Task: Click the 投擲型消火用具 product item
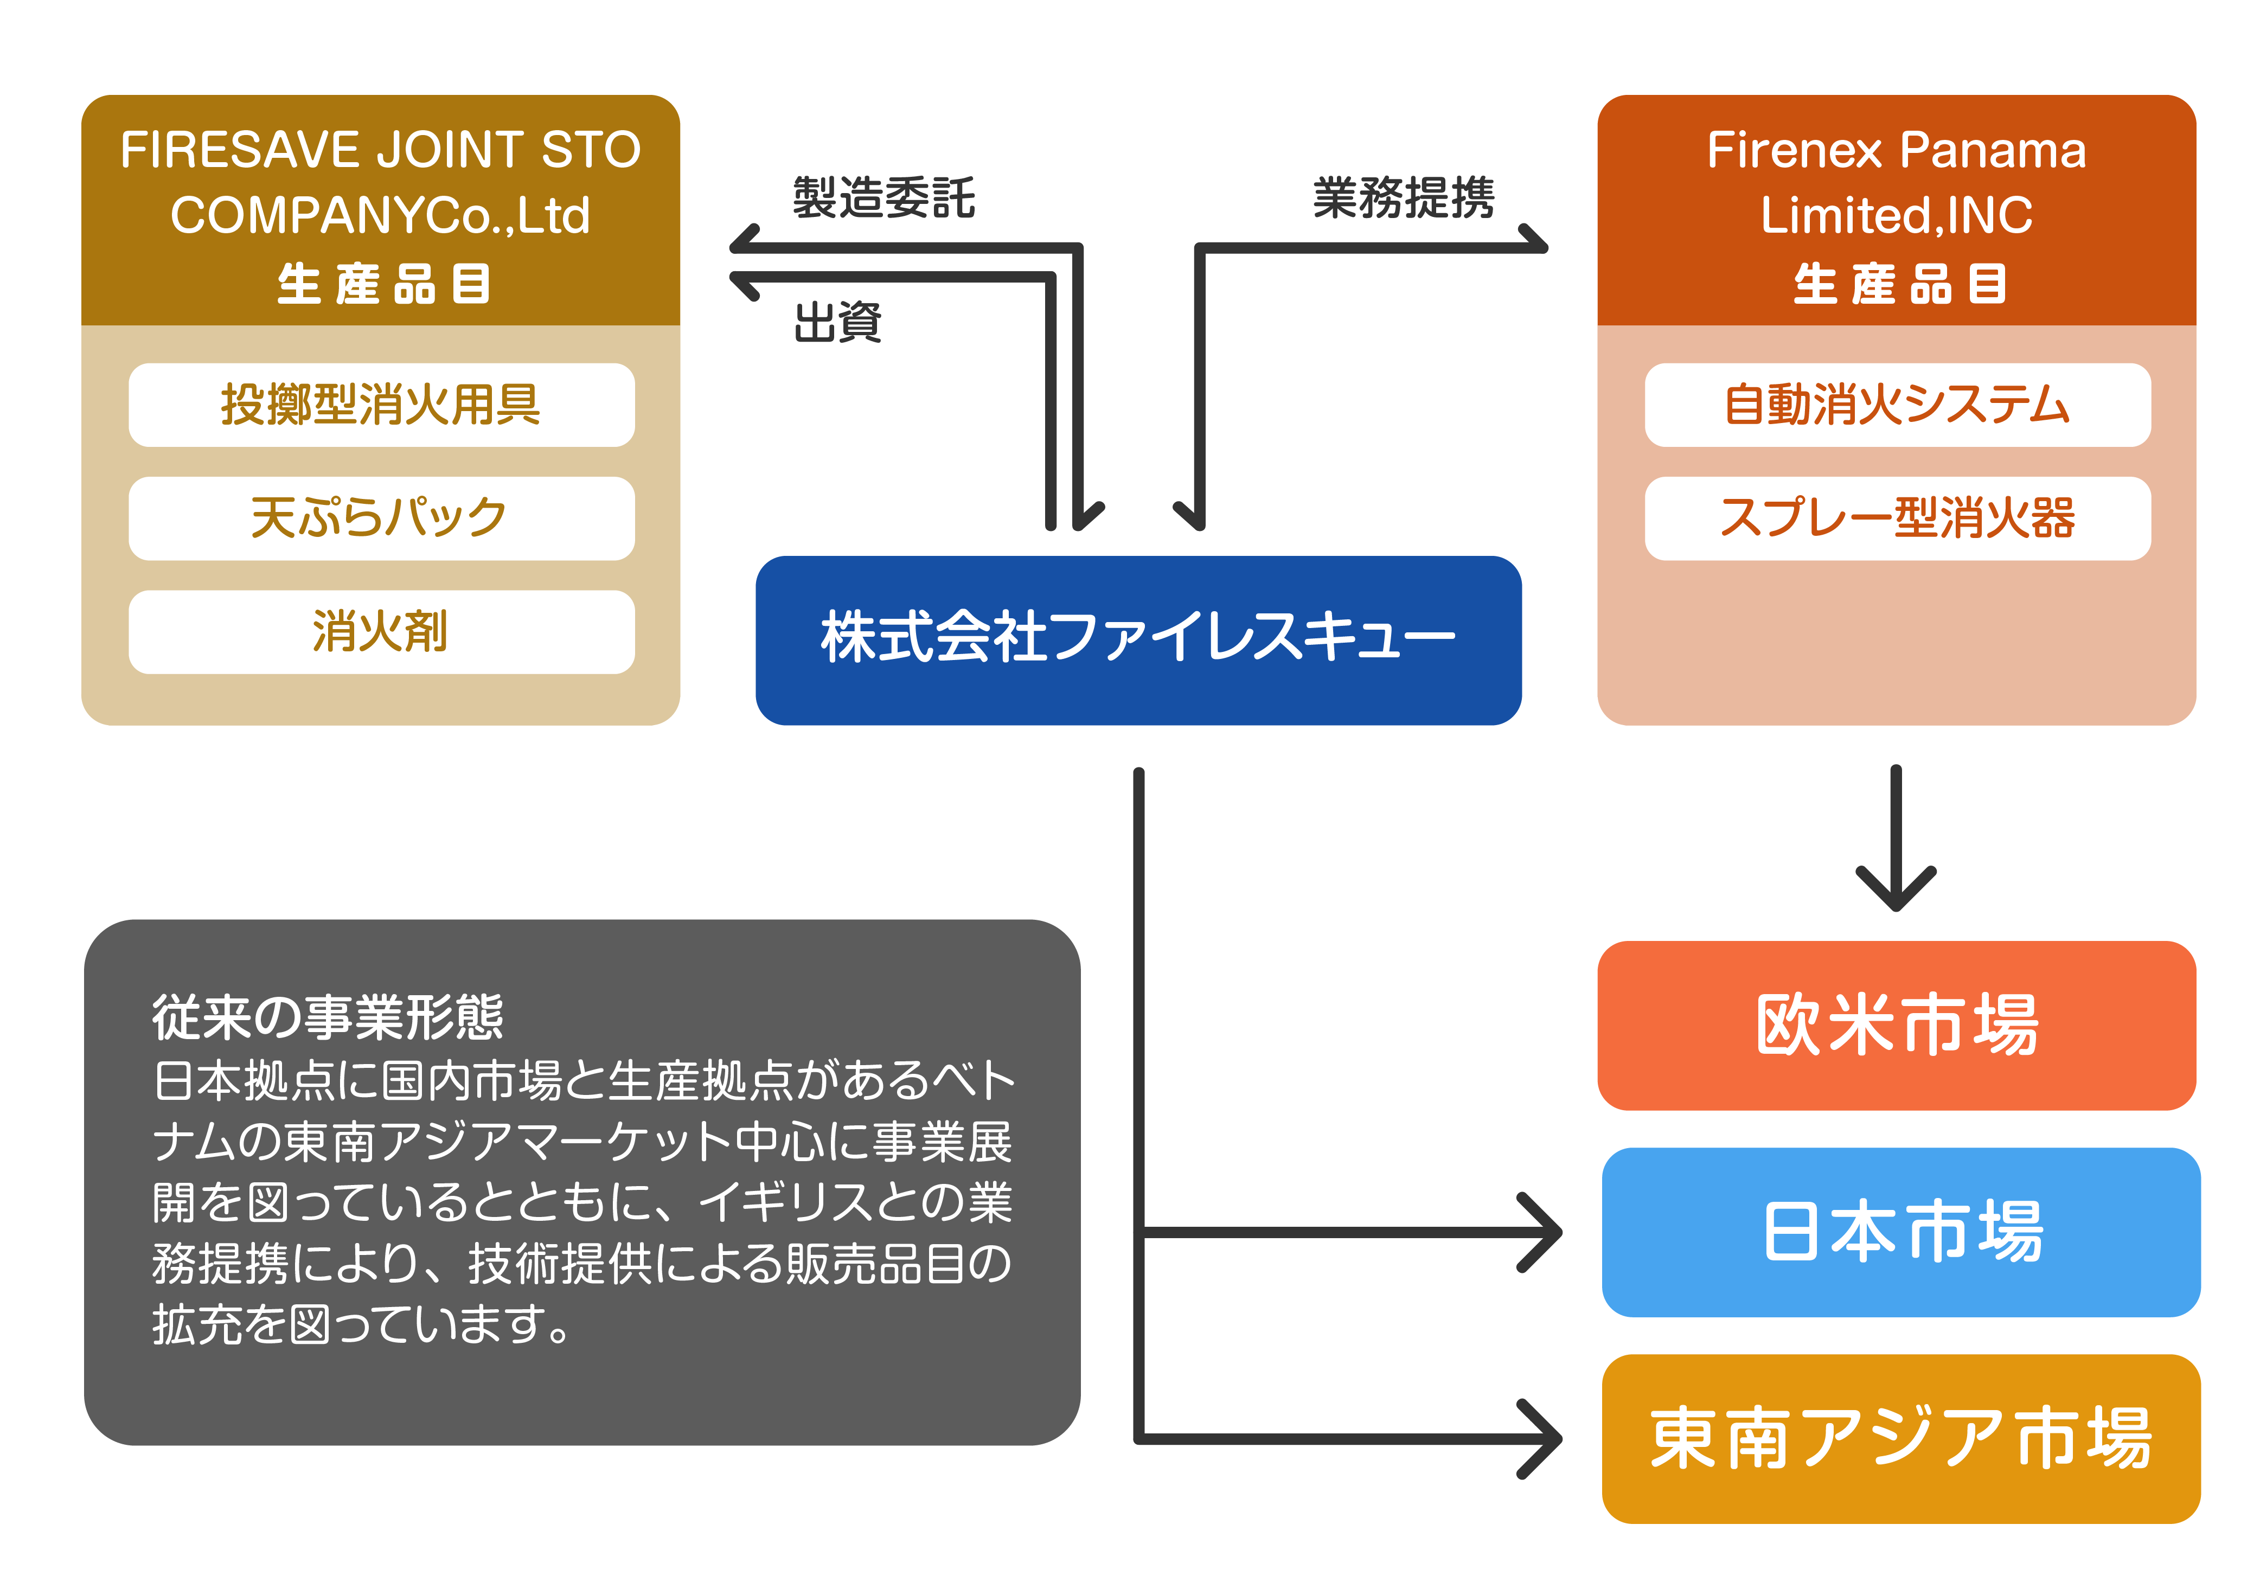tap(381, 405)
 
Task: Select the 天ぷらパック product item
tap(381, 518)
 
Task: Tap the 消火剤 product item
tap(381, 631)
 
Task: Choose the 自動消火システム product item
tap(1897, 405)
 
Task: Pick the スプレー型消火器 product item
tap(1897, 518)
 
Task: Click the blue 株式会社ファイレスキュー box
tap(1138, 640)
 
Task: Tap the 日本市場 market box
tap(1901, 1232)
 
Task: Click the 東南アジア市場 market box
tap(1901, 1438)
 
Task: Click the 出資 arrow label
tap(837, 323)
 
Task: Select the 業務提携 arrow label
tap(1404, 198)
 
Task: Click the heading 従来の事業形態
tap(328, 1017)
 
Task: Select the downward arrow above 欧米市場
tap(1896, 838)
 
